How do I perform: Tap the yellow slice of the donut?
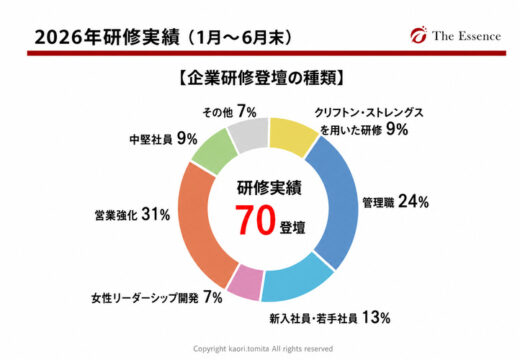pyautogui.click(x=293, y=136)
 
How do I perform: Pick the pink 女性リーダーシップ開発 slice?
pyautogui.click(x=245, y=282)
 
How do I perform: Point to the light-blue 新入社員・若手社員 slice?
pyautogui.click(x=297, y=283)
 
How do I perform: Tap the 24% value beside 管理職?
pyautogui.click(x=413, y=202)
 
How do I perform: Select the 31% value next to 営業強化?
pyautogui.click(x=156, y=214)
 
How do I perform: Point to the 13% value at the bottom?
pyautogui.click(x=376, y=318)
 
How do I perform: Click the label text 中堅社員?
pyautogui.click(x=151, y=140)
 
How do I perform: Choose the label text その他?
pyautogui.click(x=218, y=113)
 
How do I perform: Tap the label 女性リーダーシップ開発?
pyautogui.click(x=145, y=298)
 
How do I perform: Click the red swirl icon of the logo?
pyautogui.click(x=419, y=34)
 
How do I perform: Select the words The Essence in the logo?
pyautogui.click(x=467, y=36)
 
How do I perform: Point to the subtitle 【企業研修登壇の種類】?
pyautogui.click(x=261, y=79)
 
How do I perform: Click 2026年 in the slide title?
pyautogui.click(x=68, y=37)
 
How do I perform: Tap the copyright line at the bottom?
pyautogui.click(x=263, y=349)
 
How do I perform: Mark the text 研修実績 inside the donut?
pyautogui.click(x=269, y=188)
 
